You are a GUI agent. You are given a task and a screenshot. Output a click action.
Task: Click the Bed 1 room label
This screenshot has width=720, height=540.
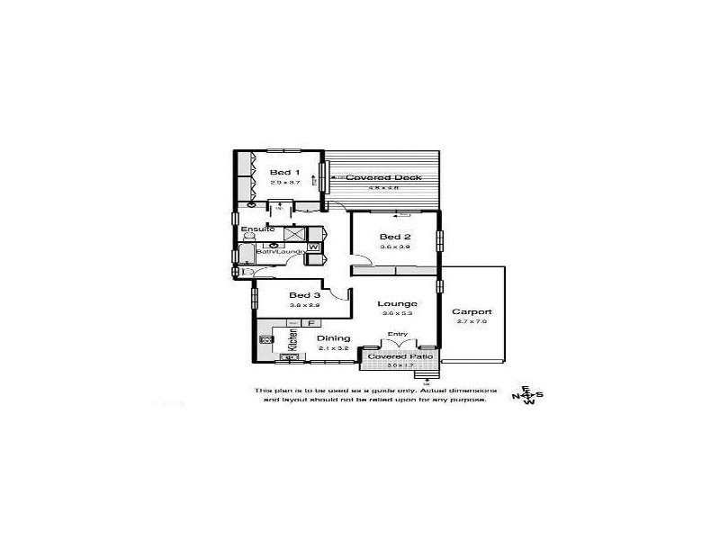pos(284,171)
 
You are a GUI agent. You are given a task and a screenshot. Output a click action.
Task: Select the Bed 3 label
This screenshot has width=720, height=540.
pos(304,294)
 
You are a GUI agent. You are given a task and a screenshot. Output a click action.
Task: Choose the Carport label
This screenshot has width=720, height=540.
pos(472,311)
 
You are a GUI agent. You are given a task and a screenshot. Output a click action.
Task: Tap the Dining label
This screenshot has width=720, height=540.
pos(332,337)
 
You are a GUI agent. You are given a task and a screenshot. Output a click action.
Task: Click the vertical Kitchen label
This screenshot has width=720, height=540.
pos(292,340)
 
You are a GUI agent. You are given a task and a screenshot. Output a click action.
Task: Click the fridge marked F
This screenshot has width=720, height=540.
pos(310,322)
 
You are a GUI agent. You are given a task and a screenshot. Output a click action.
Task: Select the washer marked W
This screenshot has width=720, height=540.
pos(314,245)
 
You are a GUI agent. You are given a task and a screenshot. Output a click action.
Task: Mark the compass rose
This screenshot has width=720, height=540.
pos(528,395)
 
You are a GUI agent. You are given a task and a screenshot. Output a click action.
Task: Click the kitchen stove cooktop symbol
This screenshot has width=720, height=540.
pos(266,339)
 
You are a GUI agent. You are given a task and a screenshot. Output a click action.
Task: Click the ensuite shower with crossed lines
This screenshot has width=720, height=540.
pos(295,234)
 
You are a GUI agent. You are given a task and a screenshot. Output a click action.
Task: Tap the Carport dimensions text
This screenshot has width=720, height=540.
pos(472,321)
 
